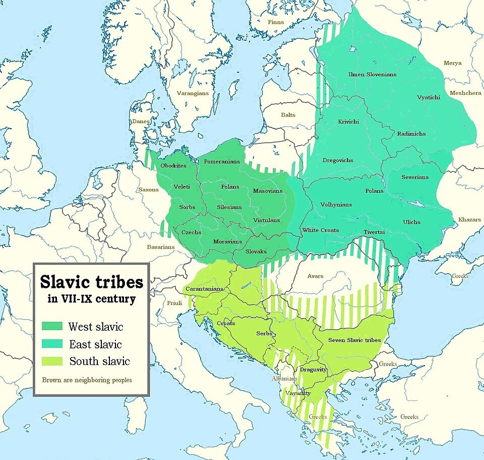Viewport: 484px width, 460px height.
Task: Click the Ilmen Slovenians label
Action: click(x=372, y=74)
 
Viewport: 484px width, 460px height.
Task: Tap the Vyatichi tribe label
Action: click(x=429, y=97)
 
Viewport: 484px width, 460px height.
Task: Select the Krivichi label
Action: click(x=349, y=122)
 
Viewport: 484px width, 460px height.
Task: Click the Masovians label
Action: click(x=268, y=191)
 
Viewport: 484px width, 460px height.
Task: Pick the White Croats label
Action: click(x=320, y=230)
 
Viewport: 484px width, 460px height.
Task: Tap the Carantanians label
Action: click(x=203, y=289)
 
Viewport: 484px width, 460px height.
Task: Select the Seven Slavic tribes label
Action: click(x=354, y=340)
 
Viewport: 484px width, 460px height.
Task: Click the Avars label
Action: click(x=315, y=276)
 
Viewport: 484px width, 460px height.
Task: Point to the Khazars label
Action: click(x=469, y=220)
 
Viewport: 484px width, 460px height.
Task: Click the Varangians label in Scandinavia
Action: click(x=192, y=94)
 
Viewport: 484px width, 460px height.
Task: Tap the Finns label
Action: click(x=275, y=22)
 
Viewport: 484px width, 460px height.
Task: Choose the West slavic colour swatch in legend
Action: click(x=52, y=326)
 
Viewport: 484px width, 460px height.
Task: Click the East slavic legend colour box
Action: click(x=52, y=344)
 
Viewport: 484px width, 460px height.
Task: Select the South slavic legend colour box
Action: click(x=52, y=361)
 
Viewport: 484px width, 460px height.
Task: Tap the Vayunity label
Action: click(x=297, y=393)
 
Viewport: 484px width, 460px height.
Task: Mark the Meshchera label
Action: click(x=465, y=93)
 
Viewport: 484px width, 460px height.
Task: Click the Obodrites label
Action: click(x=173, y=166)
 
